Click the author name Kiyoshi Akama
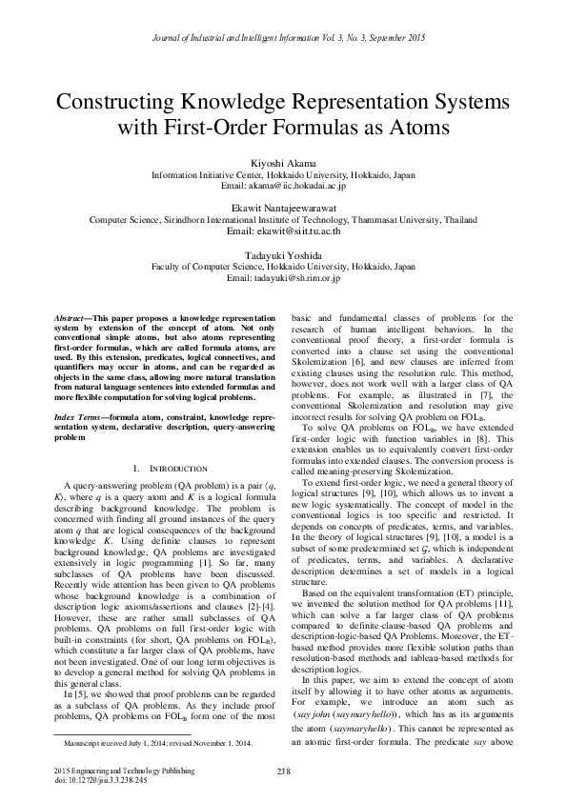[x=283, y=164]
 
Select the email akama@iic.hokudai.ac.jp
[x=283, y=187]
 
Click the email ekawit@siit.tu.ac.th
[x=283, y=231]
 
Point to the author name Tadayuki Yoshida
[x=283, y=255]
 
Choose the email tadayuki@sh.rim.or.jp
[x=283, y=279]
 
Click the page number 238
[x=283, y=771]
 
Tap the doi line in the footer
[x=95, y=778]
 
